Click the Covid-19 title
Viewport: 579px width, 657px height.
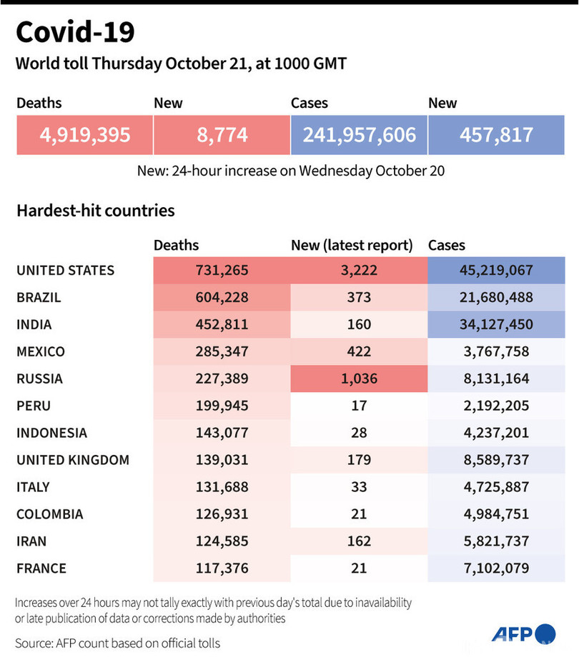[x=75, y=32]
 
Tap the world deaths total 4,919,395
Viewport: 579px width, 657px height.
[x=85, y=134]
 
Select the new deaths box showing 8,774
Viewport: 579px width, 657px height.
[x=222, y=134]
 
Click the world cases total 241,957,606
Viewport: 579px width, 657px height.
[x=359, y=134]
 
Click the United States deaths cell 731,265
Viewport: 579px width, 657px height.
[x=221, y=271]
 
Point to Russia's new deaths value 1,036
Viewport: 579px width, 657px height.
[x=359, y=379]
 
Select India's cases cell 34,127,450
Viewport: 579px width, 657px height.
[x=496, y=325]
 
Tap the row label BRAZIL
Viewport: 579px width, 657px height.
[x=39, y=298]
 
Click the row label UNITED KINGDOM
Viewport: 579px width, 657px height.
[x=73, y=461]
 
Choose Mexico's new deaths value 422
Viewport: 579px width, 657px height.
[x=359, y=352]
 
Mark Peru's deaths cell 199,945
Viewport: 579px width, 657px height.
[x=221, y=406]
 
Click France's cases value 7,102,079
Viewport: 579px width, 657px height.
[x=496, y=569]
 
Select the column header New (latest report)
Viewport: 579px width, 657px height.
[x=352, y=246]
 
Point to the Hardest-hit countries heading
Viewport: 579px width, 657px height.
[x=95, y=211]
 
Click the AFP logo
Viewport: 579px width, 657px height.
[x=524, y=633]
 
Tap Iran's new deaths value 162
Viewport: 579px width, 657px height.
[x=359, y=542]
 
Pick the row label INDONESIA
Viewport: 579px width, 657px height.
[x=51, y=433]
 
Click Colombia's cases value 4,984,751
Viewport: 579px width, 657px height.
[x=496, y=515]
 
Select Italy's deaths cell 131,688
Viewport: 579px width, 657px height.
[x=221, y=488]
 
